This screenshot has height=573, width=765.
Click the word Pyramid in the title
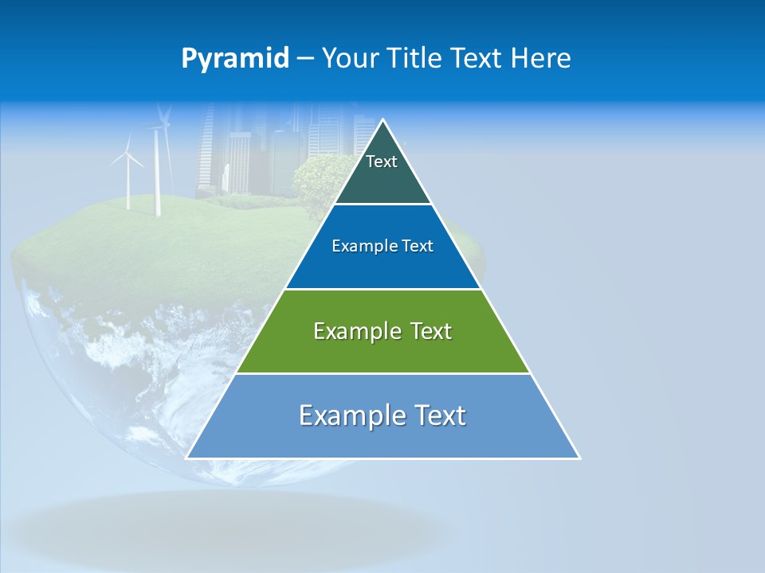(x=235, y=59)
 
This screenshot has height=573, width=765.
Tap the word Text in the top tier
(x=382, y=162)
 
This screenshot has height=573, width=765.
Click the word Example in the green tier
(x=350, y=331)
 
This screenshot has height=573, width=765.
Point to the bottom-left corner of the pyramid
(x=187, y=458)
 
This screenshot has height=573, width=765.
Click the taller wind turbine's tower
(x=157, y=179)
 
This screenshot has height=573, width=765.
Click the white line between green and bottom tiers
(x=383, y=373)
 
